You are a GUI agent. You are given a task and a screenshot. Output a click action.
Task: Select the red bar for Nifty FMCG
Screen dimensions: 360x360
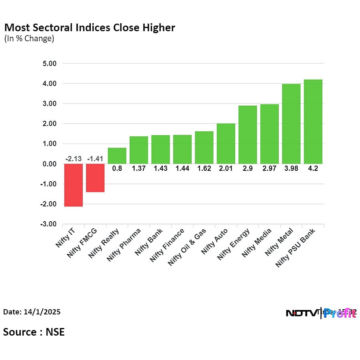click(x=95, y=178)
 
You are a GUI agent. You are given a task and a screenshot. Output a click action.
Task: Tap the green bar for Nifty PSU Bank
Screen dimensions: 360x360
click(x=313, y=122)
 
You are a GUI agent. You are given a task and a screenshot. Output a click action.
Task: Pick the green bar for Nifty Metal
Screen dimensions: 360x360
click(x=291, y=124)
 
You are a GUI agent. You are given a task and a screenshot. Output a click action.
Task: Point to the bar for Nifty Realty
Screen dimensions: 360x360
click(x=117, y=156)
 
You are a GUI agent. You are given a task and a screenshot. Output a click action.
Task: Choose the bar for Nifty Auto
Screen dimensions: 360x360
click(x=226, y=144)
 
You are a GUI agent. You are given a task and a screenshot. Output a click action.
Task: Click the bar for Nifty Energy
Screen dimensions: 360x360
click(x=248, y=134)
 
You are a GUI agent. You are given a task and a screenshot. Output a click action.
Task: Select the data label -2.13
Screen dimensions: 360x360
click(x=74, y=159)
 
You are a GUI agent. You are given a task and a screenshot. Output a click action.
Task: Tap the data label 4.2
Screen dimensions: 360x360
click(x=313, y=169)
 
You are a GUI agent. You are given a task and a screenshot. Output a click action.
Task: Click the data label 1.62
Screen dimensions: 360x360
click(x=204, y=169)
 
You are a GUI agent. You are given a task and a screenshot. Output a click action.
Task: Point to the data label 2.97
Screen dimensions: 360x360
click(x=269, y=169)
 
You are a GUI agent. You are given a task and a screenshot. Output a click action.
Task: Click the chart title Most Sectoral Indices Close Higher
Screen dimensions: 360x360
click(x=90, y=28)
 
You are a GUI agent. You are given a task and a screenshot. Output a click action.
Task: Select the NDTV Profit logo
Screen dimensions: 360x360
click(x=321, y=313)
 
